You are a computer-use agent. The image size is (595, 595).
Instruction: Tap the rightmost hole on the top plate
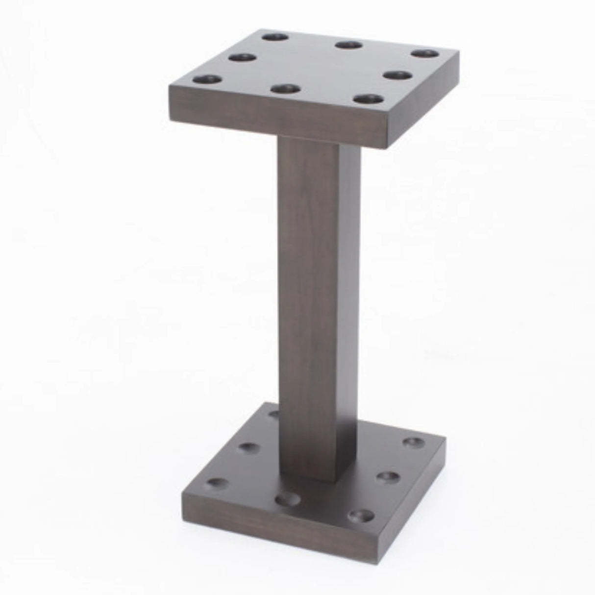[x=423, y=52]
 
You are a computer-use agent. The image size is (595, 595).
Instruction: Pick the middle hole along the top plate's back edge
[x=348, y=45]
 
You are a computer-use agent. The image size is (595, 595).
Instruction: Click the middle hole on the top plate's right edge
[x=396, y=75]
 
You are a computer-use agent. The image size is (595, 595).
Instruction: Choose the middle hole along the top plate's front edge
[x=285, y=89]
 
